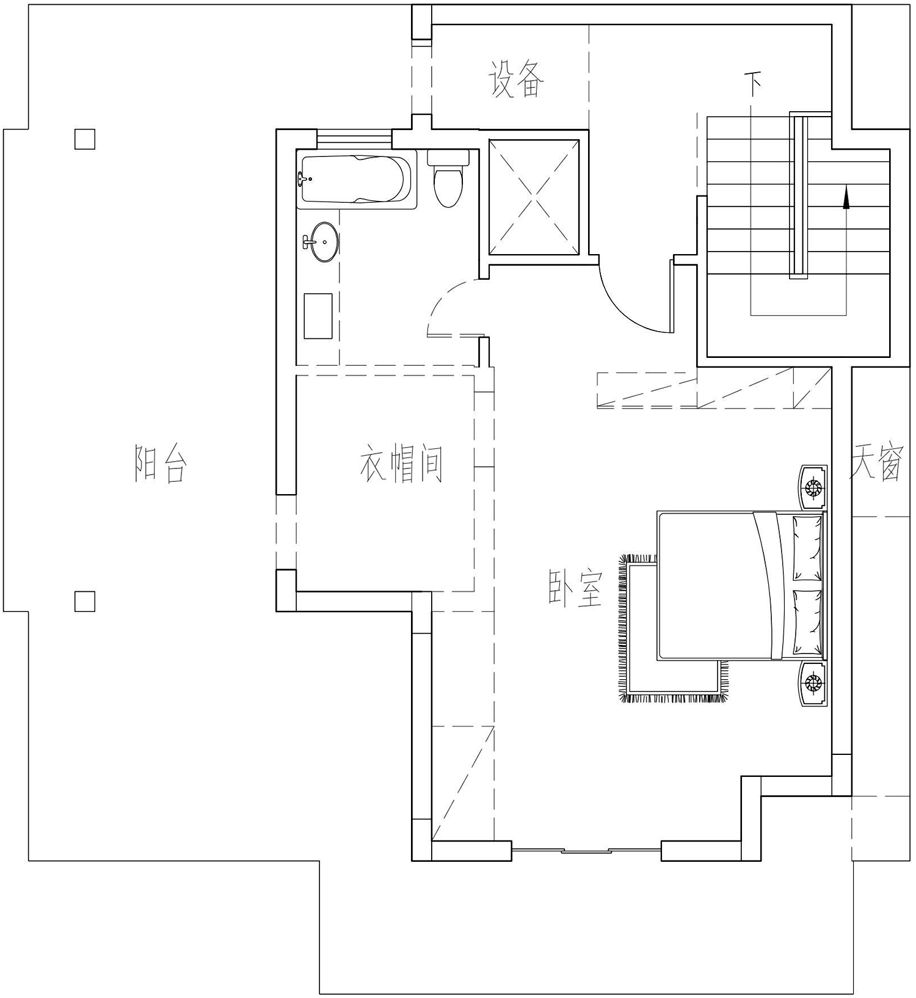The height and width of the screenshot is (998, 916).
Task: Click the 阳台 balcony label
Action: pyautogui.click(x=160, y=464)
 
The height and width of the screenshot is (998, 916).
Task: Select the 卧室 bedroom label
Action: pyautogui.click(x=575, y=589)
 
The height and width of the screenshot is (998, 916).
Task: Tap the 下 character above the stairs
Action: pyautogui.click(x=755, y=85)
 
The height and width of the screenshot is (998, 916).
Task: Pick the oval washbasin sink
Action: pyautogui.click(x=321, y=242)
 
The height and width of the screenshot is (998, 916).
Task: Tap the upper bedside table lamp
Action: pyautogui.click(x=814, y=487)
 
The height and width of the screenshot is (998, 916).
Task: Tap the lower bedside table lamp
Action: pyautogui.click(x=814, y=682)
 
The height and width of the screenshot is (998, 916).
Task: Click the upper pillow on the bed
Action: pyautogui.click(x=807, y=548)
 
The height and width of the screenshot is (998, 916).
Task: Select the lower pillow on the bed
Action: pyautogui.click(x=807, y=621)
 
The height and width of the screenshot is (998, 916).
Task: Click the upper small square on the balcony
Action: pyautogui.click(x=85, y=139)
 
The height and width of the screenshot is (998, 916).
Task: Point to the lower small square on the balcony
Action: pyautogui.click(x=85, y=602)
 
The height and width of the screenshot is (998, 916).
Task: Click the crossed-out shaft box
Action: pyautogui.click(x=534, y=197)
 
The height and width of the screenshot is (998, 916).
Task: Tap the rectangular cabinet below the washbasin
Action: pyautogui.click(x=318, y=316)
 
